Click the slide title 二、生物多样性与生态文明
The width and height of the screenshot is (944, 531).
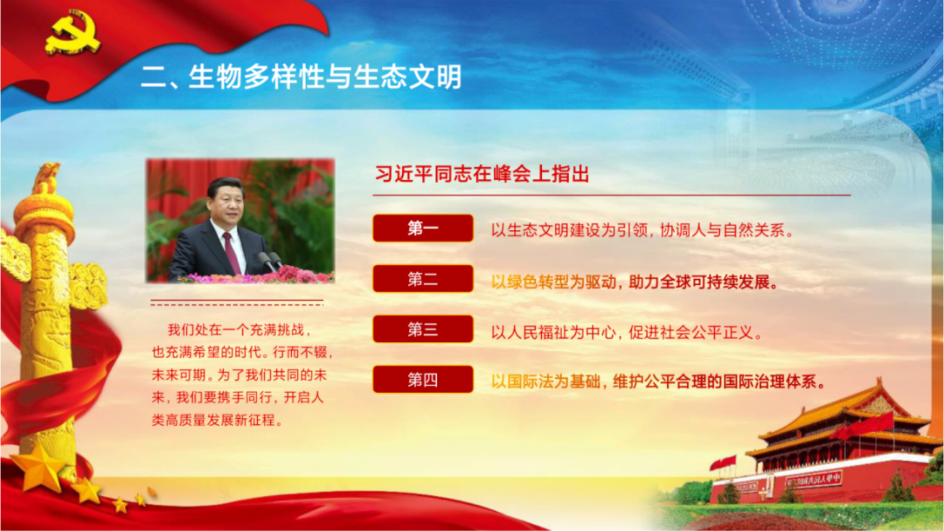pos(301,76)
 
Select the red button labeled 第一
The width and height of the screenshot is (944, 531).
pos(423,228)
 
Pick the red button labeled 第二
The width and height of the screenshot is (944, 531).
pos(423,279)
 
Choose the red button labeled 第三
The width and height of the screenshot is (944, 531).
pos(423,329)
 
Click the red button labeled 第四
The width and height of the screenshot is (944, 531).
pos(423,379)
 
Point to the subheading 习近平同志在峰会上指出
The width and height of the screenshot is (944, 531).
pos(482,174)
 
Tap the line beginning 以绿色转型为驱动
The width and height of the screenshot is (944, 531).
pos(635,282)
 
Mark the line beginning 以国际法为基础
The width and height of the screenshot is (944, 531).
pos(658,381)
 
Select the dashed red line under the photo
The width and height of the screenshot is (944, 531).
pos(237,302)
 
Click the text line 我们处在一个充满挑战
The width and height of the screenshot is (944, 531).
pos(240,330)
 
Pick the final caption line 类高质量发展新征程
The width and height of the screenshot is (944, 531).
pos(217,421)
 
